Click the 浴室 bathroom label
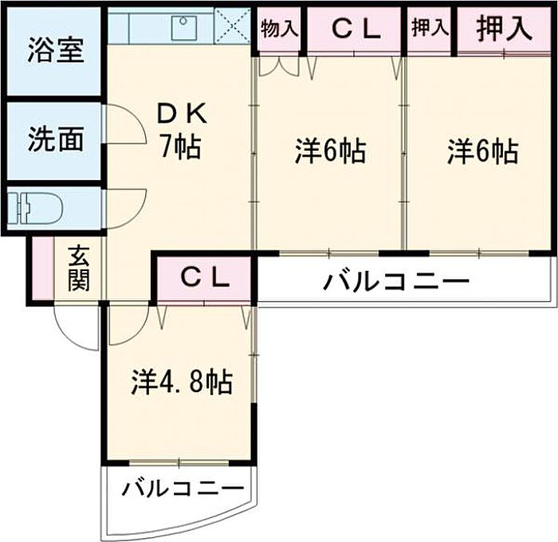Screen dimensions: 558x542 [56, 50]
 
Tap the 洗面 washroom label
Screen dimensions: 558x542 [56, 139]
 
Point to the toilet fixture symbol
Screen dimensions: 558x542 [35, 208]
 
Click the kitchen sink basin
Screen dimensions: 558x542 [184, 27]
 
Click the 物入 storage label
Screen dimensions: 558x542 [279, 29]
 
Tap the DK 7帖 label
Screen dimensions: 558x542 [182, 130]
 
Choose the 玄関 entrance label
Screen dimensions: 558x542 [79, 268]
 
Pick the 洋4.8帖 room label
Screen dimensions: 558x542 [182, 381]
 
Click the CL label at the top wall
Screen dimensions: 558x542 [356, 30]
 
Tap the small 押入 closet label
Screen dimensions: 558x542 [430, 27]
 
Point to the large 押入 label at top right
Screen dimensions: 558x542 [504, 28]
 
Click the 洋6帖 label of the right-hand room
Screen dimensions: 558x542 [482, 151]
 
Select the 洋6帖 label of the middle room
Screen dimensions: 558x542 [331, 151]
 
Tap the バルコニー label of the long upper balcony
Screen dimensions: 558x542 [396, 281]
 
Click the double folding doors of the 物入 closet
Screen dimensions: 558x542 [278, 66]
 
